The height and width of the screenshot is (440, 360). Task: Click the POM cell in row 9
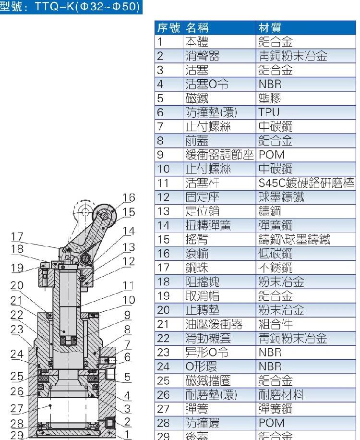(x=272, y=155)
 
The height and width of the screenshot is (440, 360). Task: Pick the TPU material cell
(x=269, y=112)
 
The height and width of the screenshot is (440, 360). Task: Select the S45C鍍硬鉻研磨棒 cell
(x=306, y=183)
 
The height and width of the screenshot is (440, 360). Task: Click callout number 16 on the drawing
(x=129, y=198)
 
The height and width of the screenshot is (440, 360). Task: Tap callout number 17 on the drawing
(x=17, y=236)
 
